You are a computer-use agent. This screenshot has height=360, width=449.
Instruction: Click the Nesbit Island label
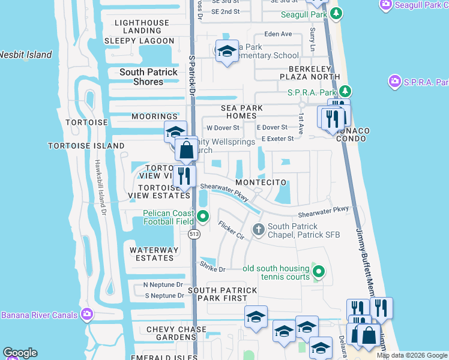click(x=25, y=55)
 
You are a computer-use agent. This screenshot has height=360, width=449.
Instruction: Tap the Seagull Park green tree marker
click(x=337, y=14)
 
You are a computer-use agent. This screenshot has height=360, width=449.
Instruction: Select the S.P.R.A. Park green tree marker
click(x=345, y=92)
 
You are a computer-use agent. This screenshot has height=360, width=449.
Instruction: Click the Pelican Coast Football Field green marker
click(x=203, y=217)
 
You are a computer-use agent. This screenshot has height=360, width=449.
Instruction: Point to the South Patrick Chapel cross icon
click(x=259, y=229)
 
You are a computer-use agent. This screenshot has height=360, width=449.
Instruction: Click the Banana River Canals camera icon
click(x=87, y=314)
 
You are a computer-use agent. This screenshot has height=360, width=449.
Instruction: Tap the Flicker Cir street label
click(x=231, y=230)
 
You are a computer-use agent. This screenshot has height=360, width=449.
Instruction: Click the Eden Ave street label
click(x=278, y=34)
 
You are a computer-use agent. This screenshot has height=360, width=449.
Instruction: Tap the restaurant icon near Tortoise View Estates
click(x=184, y=176)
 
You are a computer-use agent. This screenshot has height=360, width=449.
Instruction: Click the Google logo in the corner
click(x=20, y=352)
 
